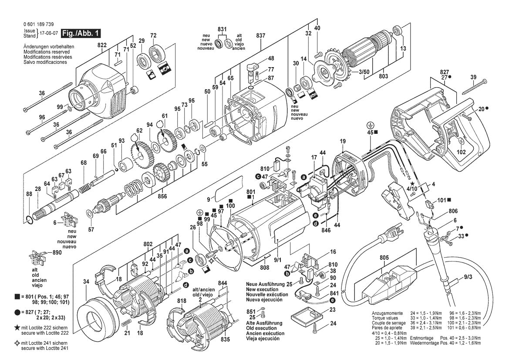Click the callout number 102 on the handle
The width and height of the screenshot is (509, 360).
click(461, 153)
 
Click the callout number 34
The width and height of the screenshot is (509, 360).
click(86, 282)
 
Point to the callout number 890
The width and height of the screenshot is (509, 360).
click(57, 253)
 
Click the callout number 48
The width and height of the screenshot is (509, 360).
click(271, 58)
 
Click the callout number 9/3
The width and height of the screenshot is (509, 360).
click(468, 276)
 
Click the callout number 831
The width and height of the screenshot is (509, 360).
click(222, 29)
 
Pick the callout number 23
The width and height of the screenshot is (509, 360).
click(332, 310)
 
